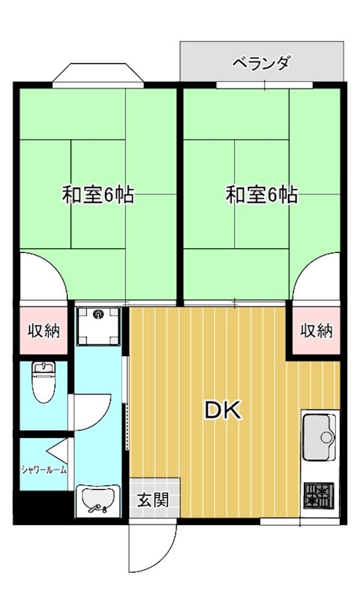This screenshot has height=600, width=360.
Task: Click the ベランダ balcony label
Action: [x=260, y=62]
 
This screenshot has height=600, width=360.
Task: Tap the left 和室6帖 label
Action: [x=97, y=196]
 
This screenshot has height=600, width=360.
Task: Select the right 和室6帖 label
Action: [x=262, y=196]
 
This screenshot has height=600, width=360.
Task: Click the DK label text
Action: [x=223, y=410]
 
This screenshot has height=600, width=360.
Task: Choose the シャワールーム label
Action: [x=43, y=470]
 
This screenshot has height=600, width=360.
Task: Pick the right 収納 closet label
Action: [x=316, y=331]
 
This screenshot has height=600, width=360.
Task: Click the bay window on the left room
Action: [x=97, y=76]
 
